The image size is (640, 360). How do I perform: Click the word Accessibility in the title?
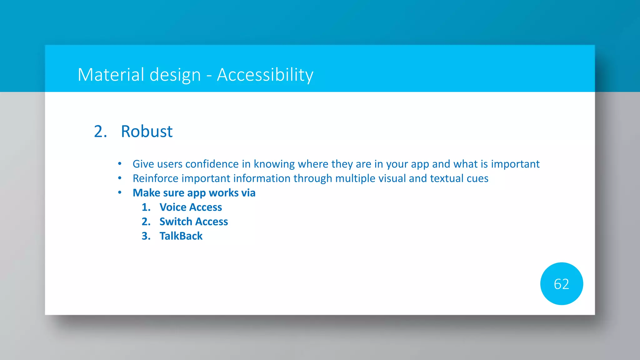point(265,75)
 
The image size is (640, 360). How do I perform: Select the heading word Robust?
point(147,131)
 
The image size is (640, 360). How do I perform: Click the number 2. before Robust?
point(100,131)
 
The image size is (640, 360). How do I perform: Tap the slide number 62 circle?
point(561,284)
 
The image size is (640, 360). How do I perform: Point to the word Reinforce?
point(155,178)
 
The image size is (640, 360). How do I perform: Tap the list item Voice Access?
point(191,207)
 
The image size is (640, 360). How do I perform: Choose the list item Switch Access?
point(193,222)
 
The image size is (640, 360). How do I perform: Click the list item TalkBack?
point(181,236)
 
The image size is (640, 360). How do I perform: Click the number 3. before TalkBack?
point(146,236)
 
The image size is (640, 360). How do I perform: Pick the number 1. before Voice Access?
point(146,207)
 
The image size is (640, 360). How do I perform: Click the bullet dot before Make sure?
point(120,192)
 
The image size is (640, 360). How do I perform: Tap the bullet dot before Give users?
point(120,163)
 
